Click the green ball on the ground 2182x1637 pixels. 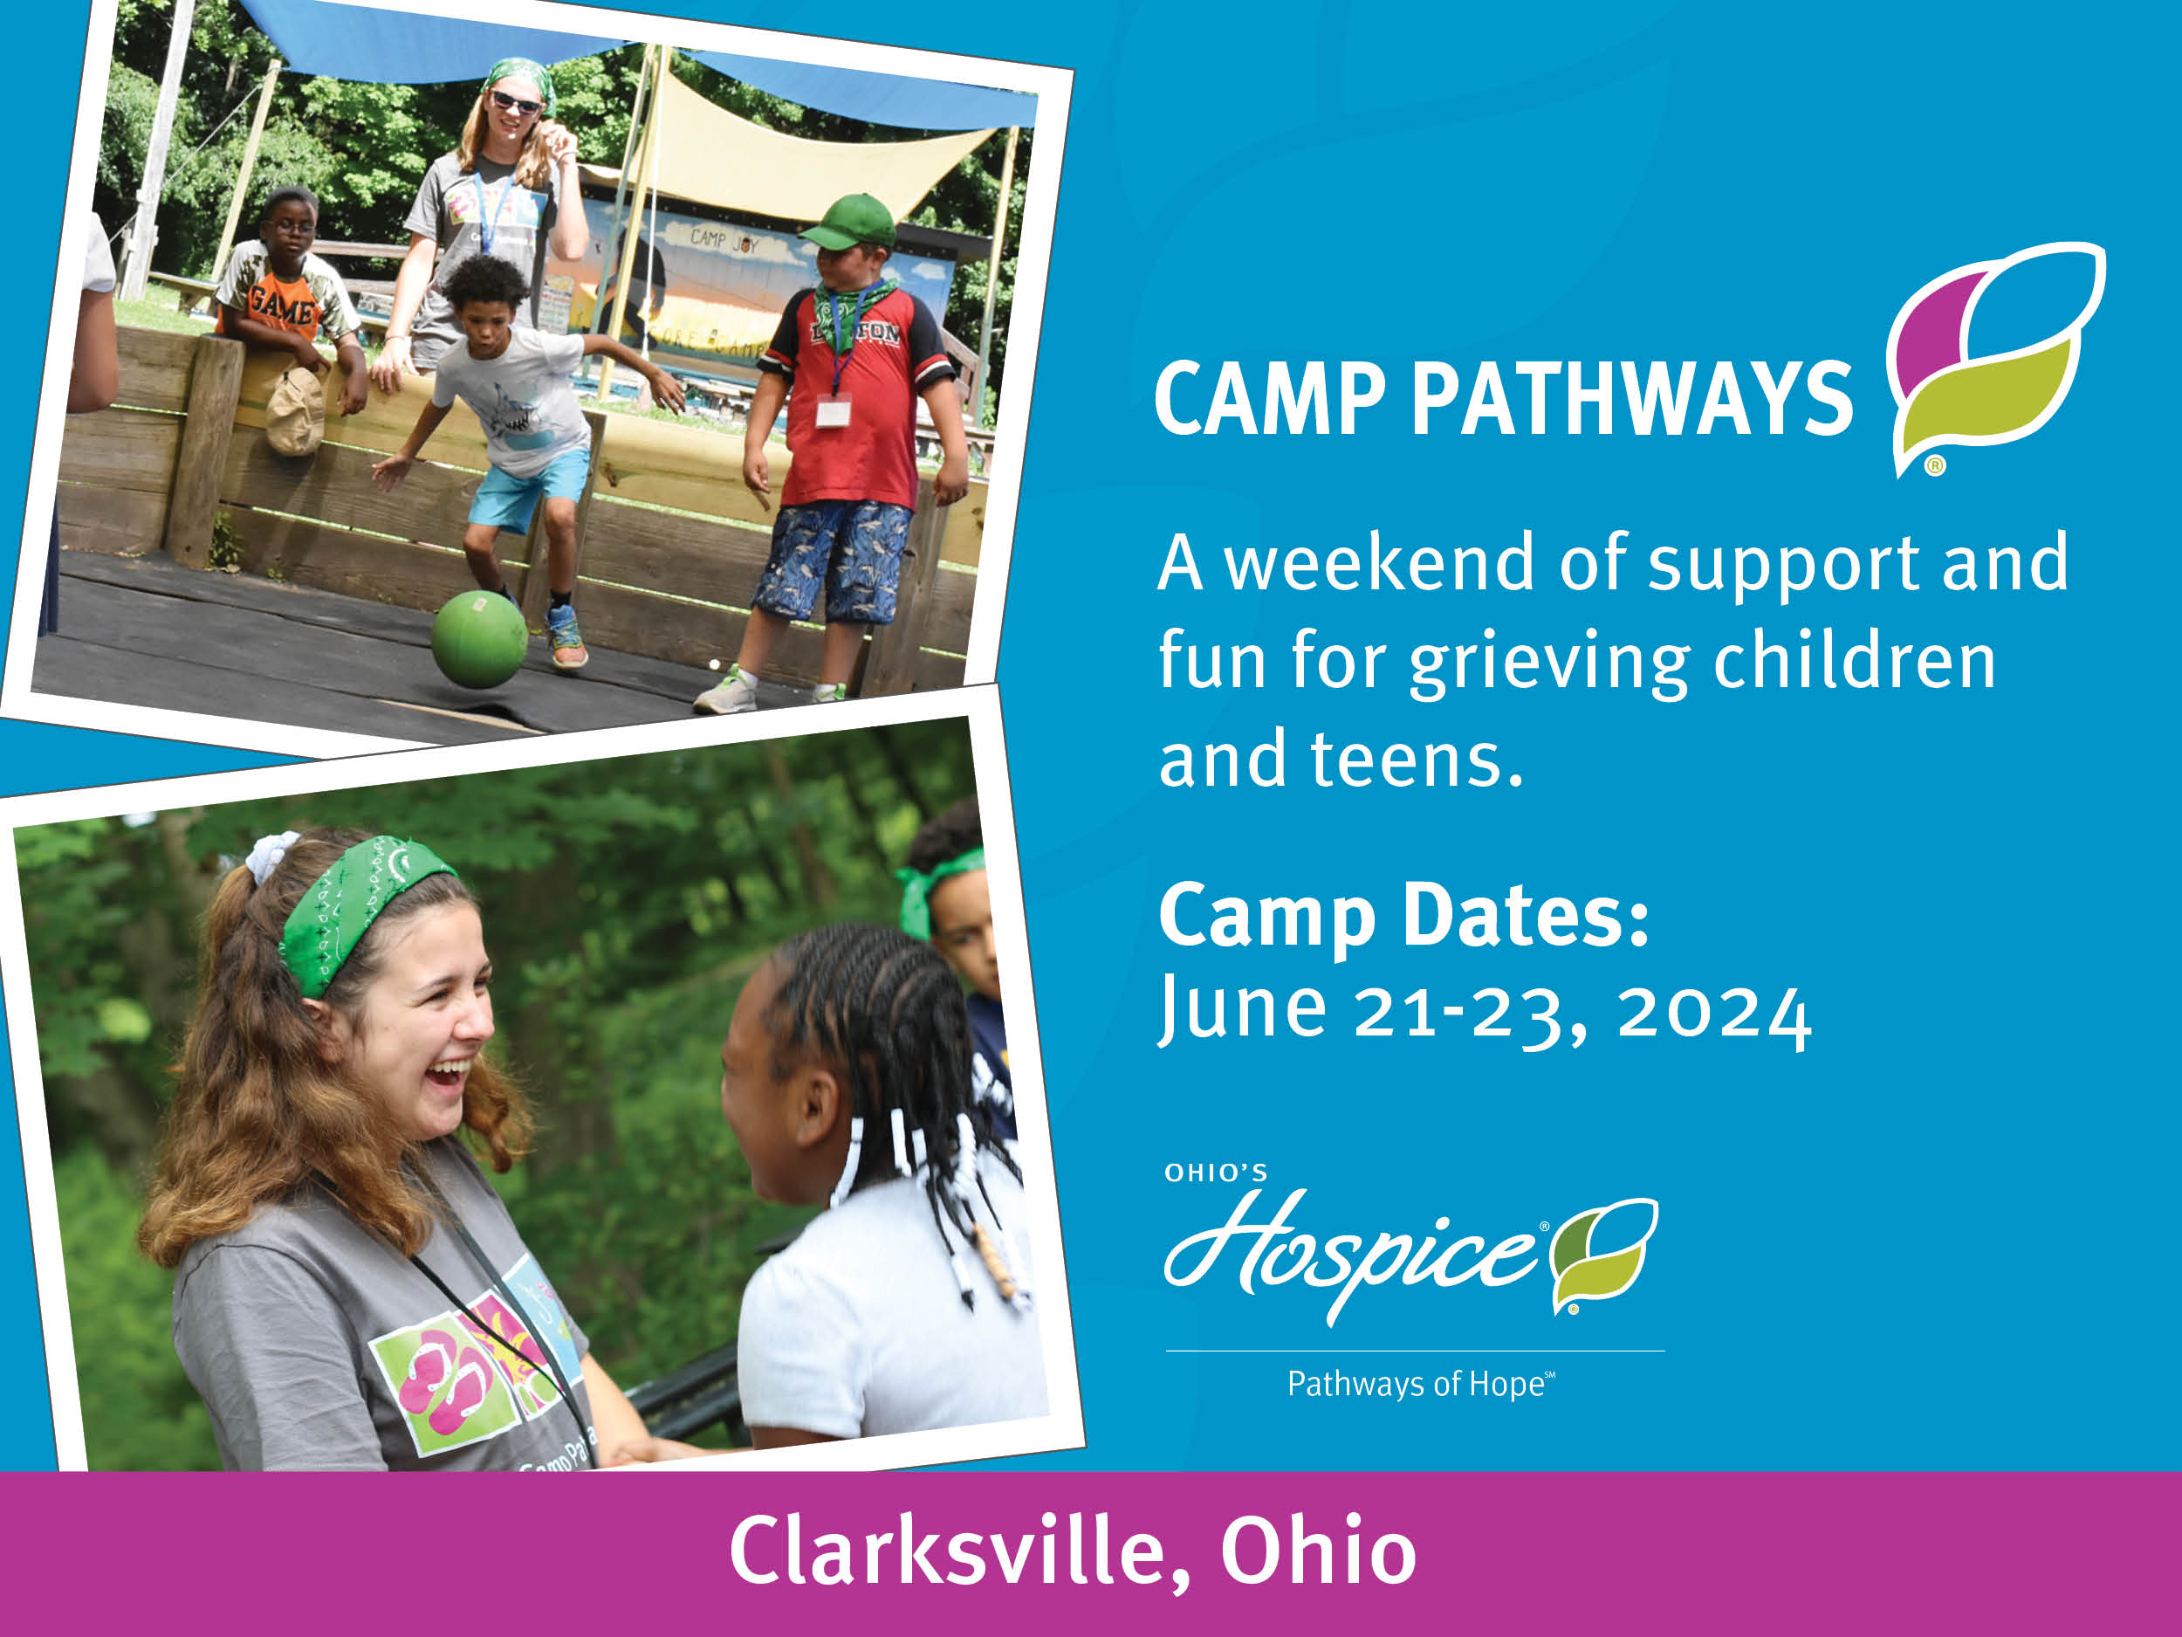479,638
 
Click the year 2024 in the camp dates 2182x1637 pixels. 1714,1013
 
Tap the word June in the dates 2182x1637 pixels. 1243,1008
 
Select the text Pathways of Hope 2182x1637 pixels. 1417,1384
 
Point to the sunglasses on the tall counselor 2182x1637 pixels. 515,101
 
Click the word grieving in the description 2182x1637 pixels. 1548,663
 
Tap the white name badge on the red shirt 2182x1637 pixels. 833,409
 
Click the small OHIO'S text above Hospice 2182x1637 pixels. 1215,1173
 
